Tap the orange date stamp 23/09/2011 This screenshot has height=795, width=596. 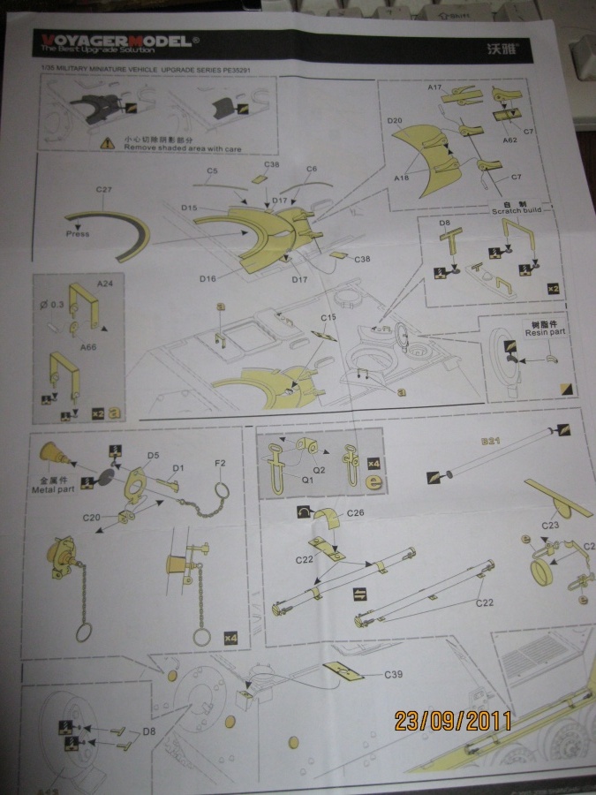453,720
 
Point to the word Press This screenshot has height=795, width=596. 77,234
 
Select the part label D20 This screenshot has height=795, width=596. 394,120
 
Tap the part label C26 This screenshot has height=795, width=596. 356,513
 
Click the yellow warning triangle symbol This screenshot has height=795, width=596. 107,141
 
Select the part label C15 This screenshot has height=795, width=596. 328,317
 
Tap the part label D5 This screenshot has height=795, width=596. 152,456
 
